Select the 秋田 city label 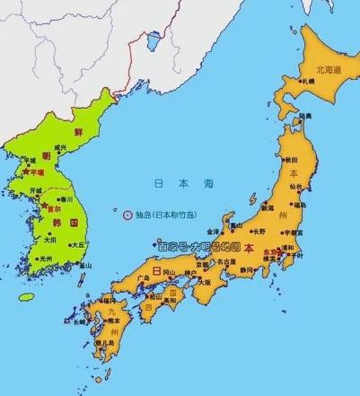[293, 162]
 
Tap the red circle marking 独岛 [127, 215]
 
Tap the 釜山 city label [85, 266]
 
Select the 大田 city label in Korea [49, 240]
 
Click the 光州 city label [45, 259]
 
